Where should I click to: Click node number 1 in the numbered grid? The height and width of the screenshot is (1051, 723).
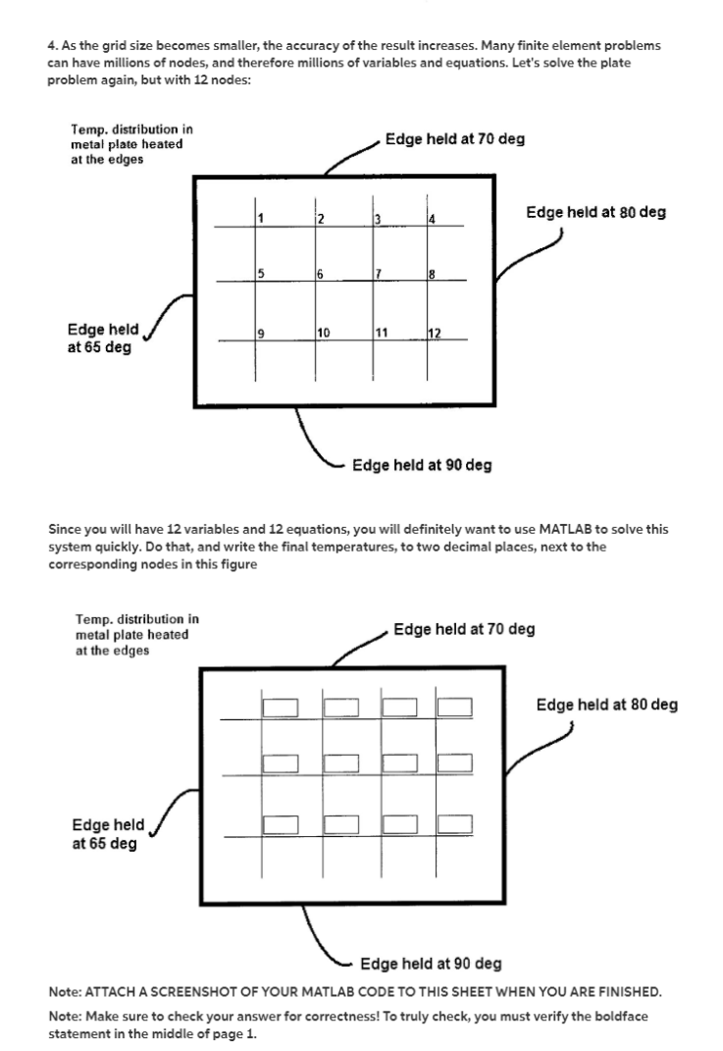(261, 218)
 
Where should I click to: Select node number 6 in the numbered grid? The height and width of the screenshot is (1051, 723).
(320, 274)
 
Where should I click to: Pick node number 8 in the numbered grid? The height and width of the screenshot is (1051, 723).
(431, 274)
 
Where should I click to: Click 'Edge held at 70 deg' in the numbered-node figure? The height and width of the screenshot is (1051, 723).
(454, 139)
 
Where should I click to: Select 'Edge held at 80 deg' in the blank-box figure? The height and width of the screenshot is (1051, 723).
(606, 705)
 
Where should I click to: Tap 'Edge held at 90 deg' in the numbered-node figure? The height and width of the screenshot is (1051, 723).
(422, 465)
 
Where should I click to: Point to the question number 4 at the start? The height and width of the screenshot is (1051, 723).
(51, 45)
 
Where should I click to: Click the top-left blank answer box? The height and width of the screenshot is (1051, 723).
(280, 707)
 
